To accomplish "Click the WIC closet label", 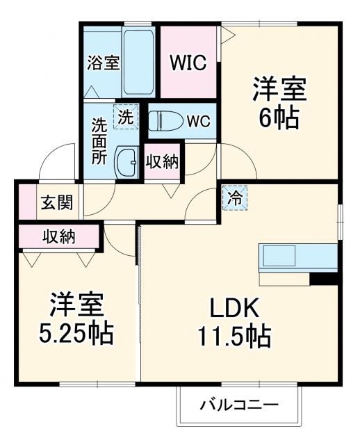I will click(x=189, y=63).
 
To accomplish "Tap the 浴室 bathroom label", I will click(x=103, y=63).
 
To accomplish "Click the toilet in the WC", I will click(x=165, y=120).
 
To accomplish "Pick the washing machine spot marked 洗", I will click(x=126, y=117).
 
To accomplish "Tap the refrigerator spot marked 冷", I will click(x=235, y=197).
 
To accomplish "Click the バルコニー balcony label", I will click(x=239, y=405).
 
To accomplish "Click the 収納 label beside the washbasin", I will click(x=163, y=162).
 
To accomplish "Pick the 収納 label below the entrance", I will click(x=58, y=236).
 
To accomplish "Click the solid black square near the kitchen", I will click(x=324, y=278).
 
